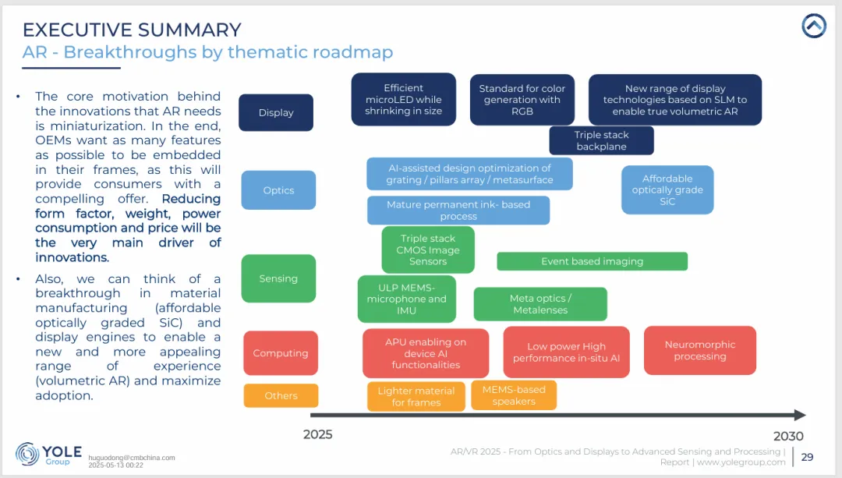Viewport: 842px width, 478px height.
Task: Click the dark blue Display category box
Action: [x=276, y=112]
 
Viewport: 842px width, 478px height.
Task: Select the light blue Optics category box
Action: [x=278, y=190]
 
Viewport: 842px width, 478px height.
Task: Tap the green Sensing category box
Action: [x=278, y=278]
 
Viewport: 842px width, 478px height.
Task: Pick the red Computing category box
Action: [x=281, y=353]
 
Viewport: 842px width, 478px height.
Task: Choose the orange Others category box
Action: [x=281, y=395]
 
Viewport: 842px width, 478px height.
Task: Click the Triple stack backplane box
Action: [x=601, y=140]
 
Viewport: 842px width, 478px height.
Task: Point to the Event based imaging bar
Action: [x=592, y=261]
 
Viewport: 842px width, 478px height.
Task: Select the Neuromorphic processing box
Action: [x=699, y=350]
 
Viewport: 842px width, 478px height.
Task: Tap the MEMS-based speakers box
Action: [x=514, y=395]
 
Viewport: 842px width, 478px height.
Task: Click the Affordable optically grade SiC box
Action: [x=667, y=189]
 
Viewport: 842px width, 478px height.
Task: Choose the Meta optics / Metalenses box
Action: [x=540, y=304]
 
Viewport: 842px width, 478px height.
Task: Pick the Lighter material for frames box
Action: [x=416, y=396]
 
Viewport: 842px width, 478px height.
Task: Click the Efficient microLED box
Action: [x=403, y=100]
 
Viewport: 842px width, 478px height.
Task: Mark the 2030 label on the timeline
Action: [x=788, y=436]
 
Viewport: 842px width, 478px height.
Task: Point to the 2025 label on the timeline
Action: [x=317, y=434]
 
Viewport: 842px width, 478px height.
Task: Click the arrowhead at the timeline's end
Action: [x=799, y=416]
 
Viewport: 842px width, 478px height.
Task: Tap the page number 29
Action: [x=807, y=457]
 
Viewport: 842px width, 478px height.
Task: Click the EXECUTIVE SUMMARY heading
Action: [x=132, y=30]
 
